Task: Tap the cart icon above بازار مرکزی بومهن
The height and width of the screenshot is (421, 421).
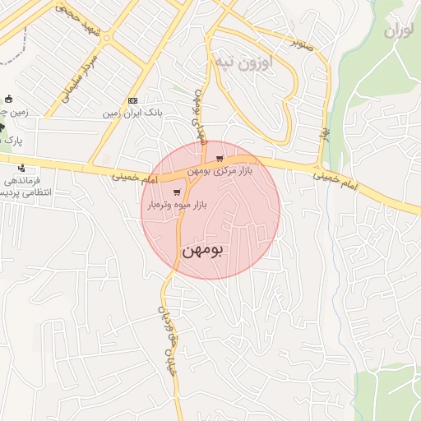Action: point(219,158)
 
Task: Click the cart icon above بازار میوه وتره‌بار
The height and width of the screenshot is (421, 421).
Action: point(176,192)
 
